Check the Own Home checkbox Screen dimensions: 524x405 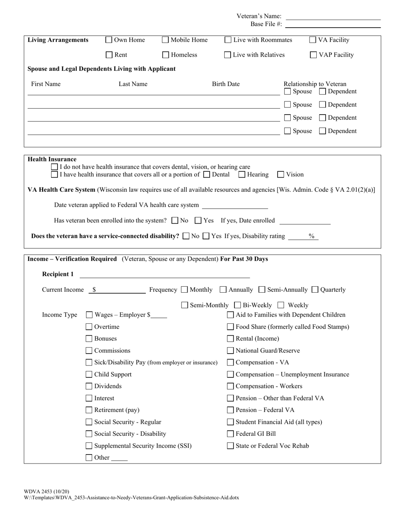point(109,40)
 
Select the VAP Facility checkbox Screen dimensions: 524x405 point(313,55)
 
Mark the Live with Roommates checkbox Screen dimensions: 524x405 point(228,40)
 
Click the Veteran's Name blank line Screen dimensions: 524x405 point(333,17)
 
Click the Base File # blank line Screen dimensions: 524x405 point(333,25)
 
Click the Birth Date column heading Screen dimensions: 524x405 point(226,84)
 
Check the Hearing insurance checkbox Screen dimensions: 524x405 point(242,174)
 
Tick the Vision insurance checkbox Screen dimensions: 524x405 point(281,174)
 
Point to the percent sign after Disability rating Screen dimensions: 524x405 point(311,236)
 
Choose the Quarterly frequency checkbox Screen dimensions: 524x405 point(315,290)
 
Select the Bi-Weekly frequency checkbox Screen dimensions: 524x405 point(238,305)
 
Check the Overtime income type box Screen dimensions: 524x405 point(89,327)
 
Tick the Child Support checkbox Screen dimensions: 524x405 point(89,374)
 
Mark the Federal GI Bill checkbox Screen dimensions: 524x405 point(230,434)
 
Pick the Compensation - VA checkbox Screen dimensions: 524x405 point(230,363)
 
